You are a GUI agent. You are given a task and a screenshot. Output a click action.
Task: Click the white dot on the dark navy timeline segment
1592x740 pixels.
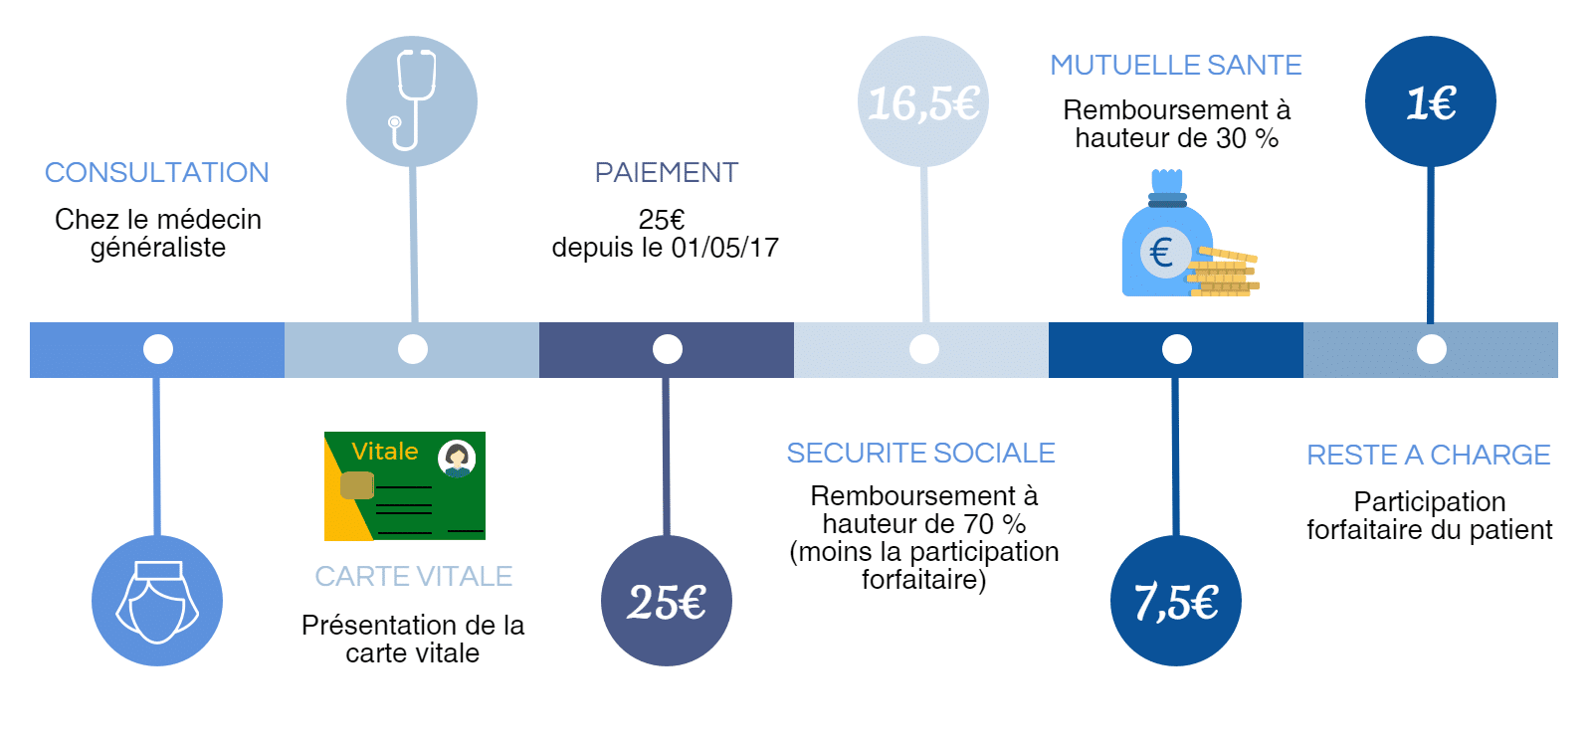click(x=668, y=349)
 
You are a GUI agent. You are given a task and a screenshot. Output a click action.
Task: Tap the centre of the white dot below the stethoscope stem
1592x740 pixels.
click(x=413, y=349)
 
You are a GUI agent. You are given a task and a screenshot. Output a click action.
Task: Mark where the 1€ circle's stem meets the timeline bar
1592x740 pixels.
click(x=1430, y=322)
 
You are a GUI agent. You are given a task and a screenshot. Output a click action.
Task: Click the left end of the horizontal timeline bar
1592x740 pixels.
click(x=30, y=349)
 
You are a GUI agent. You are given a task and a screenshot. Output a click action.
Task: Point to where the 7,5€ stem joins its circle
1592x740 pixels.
click(x=1176, y=536)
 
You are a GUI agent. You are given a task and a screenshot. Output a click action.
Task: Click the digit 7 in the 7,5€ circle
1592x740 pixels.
click(x=1143, y=602)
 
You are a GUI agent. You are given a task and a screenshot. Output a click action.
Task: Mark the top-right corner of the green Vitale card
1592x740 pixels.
click(x=486, y=432)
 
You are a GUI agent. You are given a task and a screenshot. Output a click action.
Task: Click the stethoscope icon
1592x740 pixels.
click(x=413, y=99)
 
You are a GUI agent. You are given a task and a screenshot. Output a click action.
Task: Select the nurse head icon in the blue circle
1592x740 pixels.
click(x=157, y=602)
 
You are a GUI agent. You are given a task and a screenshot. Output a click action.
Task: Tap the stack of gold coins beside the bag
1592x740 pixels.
click(x=1224, y=272)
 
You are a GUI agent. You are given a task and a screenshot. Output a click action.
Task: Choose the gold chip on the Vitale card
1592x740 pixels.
click(x=357, y=485)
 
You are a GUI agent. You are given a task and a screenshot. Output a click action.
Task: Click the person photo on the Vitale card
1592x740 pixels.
click(x=457, y=459)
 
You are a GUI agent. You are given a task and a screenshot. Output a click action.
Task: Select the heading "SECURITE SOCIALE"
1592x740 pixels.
click(x=921, y=454)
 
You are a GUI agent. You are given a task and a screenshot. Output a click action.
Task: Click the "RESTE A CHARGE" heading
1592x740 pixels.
click(x=1429, y=456)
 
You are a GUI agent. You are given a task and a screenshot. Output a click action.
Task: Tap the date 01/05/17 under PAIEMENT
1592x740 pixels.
click(x=725, y=248)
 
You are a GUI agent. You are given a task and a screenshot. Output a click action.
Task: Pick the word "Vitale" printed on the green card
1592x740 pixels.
click(x=384, y=451)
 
